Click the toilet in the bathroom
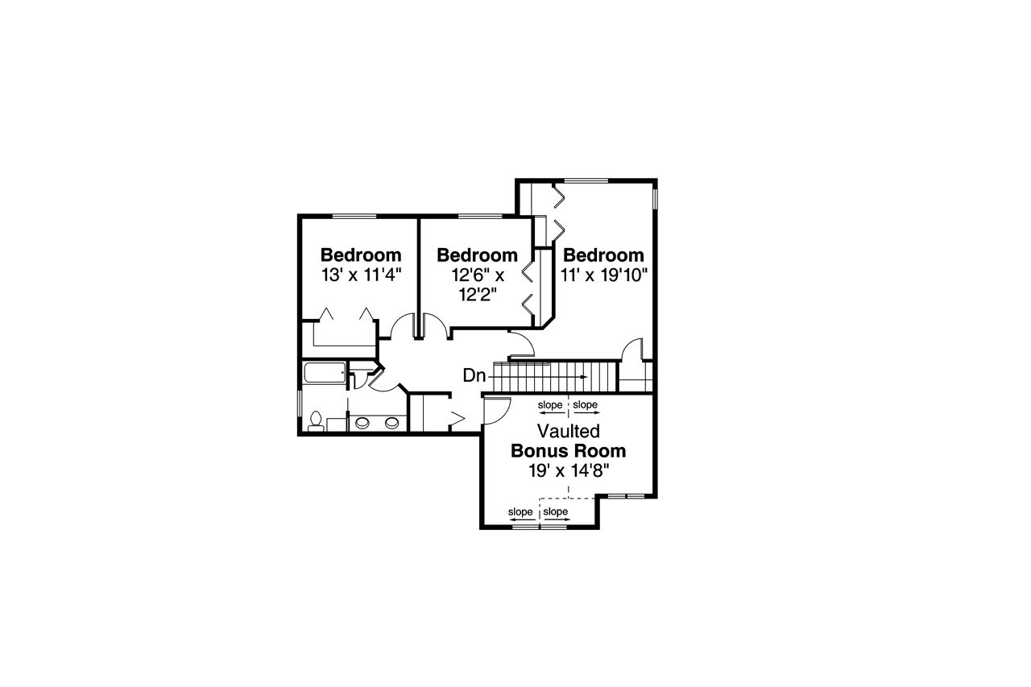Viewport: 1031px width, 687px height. [x=315, y=421]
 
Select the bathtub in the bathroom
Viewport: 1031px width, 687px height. [x=325, y=373]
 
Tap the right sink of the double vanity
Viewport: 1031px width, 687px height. [x=391, y=421]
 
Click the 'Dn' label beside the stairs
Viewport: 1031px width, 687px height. [x=474, y=375]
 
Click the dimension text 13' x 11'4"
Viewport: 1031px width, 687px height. [x=361, y=275]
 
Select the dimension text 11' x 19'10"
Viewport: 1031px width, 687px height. [x=604, y=275]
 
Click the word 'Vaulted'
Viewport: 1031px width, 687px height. [x=569, y=431]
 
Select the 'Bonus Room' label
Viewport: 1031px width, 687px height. [x=569, y=450]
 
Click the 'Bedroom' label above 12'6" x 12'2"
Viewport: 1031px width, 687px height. [x=477, y=255]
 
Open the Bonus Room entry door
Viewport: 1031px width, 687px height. [x=494, y=410]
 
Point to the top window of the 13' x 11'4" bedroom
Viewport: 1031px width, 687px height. [x=354, y=216]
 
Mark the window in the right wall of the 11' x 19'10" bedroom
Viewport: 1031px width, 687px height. [x=655, y=198]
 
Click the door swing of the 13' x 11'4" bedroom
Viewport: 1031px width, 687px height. [x=400, y=326]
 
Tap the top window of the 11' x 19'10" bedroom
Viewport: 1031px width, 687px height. [x=586, y=180]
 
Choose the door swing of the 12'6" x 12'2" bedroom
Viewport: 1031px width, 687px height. [x=435, y=326]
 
